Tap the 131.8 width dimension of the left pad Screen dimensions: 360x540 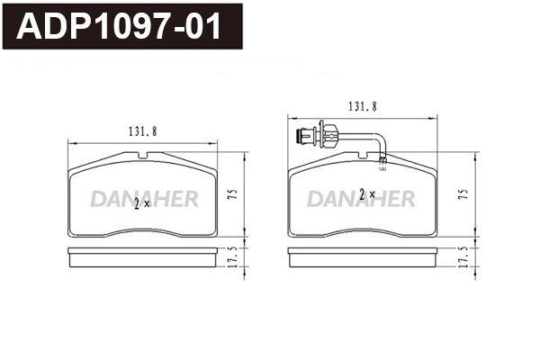point(143,131)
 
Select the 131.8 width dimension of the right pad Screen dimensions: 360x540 point(363,106)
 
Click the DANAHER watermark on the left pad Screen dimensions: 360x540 point(144,199)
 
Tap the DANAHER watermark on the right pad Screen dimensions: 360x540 point(362,197)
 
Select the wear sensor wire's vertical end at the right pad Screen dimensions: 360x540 point(382,153)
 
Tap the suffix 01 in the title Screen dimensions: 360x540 point(203,27)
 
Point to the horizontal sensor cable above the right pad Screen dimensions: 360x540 point(355,135)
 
